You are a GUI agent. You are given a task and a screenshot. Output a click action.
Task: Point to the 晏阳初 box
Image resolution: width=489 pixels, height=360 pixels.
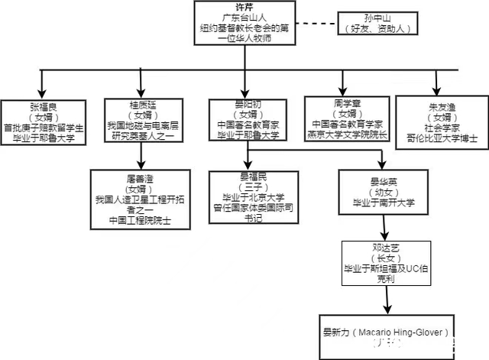click(247, 120)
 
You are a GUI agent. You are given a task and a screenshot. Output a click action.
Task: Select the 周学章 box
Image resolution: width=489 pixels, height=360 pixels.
click(347, 118)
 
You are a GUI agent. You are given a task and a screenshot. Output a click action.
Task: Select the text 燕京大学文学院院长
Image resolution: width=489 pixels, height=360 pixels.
click(347, 135)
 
